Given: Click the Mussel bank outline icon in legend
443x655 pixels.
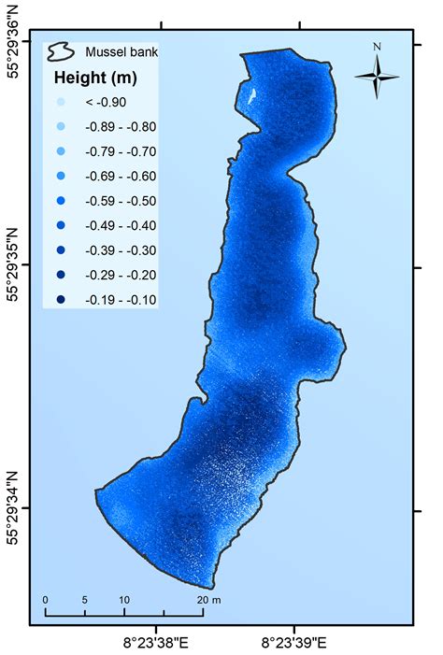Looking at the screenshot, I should [x=63, y=50].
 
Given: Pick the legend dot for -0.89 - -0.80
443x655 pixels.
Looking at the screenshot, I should [x=60, y=127].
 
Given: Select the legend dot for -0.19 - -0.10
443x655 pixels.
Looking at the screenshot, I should [x=60, y=299].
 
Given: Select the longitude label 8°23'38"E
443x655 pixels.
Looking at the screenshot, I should [x=157, y=642].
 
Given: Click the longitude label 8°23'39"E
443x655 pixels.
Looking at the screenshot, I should [x=294, y=642].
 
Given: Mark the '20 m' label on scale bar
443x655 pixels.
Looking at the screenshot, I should [x=208, y=599].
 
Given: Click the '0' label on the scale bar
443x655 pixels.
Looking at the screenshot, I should [x=45, y=599].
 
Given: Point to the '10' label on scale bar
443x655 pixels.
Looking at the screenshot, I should [x=124, y=599].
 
